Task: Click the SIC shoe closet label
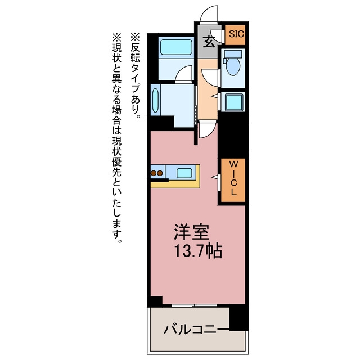[236, 34]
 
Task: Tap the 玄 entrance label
[209, 42]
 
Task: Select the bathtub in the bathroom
[176, 47]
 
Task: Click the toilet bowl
[233, 66]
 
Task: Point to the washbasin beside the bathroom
[155, 100]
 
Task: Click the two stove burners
[157, 173]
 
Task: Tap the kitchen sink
[184, 173]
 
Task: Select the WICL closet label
[233, 178]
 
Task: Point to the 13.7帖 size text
[199, 251]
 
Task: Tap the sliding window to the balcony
[194, 305]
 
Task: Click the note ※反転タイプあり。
[136, 76]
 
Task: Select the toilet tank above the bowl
[233, 54]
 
